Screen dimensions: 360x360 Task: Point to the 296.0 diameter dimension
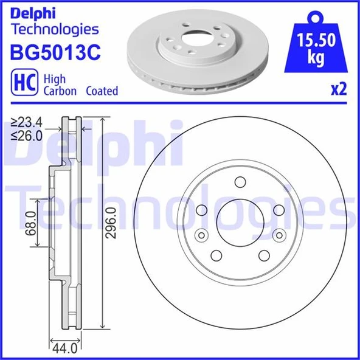pyautogui.click(x=111, y=223)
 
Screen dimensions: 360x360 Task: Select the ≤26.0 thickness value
pyautogui.click(x=27, y=137)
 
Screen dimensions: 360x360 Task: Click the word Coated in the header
pyautogui.click(x=101, y=91)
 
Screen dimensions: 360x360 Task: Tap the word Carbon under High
pyautogui.click(x=59, y=91)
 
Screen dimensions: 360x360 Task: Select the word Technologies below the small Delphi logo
pyautogui.click(x=55, y=29)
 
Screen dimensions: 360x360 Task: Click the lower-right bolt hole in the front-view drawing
pyautogui.click(x=264, y=255)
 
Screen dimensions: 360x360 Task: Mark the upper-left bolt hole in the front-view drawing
pyautogui.click(x=202, y=210)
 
